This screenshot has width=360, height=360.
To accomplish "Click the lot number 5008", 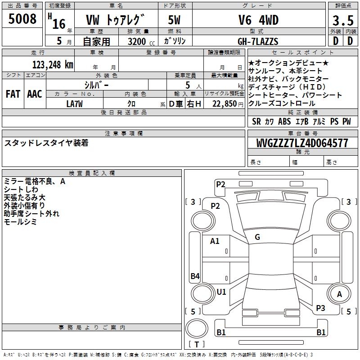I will (x=22, y=19).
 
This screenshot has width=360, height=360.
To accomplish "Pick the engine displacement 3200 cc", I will (x=137, y=41).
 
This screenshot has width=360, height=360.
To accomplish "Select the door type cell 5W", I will (x=174, y=20).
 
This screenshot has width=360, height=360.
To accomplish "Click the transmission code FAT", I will (x=13, y=94).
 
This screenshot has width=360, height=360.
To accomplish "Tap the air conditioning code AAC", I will (x=34, y=94).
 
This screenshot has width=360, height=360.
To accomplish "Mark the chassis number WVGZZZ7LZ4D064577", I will (x=302, y=143).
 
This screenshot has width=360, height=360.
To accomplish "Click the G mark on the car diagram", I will (x=257, y=237).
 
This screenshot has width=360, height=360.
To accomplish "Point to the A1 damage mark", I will (x=215, y=241).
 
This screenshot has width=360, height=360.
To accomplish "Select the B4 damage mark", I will (x=195, y=276).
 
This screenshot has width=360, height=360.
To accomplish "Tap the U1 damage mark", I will (x=221, y=292).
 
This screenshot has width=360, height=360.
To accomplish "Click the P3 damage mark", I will (x=320, y=308).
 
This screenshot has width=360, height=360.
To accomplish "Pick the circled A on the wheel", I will (x=340, y=294).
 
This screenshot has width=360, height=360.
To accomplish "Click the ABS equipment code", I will (x=284, y=121).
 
